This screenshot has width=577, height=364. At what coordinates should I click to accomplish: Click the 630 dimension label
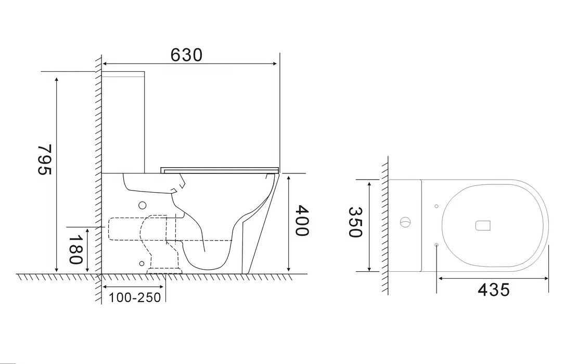pos(187,55)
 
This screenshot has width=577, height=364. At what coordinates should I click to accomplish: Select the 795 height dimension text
pos(45,159)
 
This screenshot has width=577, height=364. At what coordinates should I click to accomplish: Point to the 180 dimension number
pos(75,249)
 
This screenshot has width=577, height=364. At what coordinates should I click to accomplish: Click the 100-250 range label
pos(135,297)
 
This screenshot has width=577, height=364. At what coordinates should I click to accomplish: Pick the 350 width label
pos(355,222)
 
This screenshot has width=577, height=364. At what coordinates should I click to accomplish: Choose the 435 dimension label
pos(494,290)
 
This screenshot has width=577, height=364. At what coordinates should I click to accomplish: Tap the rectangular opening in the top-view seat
pos(483,225)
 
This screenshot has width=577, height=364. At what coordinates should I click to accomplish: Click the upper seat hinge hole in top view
pos(437,206)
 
